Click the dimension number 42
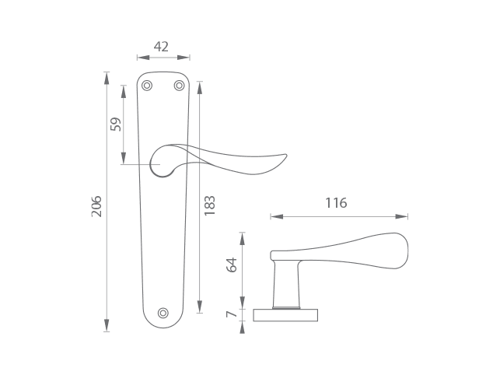(x=161, y=47)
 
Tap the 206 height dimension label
(x=96, y=206)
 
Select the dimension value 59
(x=116, y=124)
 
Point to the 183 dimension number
(x=209, y=205)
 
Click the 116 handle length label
(x=336, y=203)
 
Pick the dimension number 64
(x=232, y=265)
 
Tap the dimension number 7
(x=232, y=314)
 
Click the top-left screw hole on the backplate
(x=147, y=86)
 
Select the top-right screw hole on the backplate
(x=179, y=86)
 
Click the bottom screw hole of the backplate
(x=163, y=313)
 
